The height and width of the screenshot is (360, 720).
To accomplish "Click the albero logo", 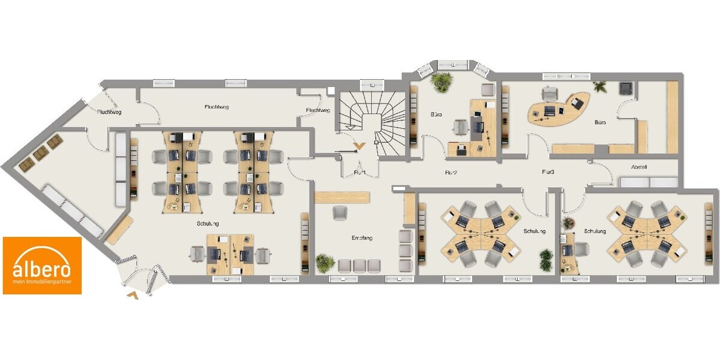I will pyautogui.click(x=42, y=265).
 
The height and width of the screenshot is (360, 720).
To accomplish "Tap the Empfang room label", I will pyautogui.click(x=362, y=238).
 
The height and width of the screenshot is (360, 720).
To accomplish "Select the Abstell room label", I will pyautogui.click(x=639, y=167).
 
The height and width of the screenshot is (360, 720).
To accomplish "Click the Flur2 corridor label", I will pyautogui.click(x=451, y=173).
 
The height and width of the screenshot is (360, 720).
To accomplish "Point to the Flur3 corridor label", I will pyautogui.click(x=548, y=172).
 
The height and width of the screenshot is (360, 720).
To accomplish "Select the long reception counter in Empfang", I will pyautogui.click(x=341, y=197).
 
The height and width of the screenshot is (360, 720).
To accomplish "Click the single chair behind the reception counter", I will pyautogui.click(x=340, y=212).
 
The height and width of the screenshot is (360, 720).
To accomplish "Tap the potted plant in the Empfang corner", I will pyautogui.click(x=325, y=262).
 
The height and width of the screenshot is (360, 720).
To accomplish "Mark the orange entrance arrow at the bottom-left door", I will pyautogui.click(x=133, y=295).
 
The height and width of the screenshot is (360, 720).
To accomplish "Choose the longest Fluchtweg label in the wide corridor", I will pyautogui.click(x=217, y=107).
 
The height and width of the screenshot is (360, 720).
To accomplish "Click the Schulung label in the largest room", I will pyautogui.click(x=208, y=223).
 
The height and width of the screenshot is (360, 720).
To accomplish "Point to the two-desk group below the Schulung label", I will pyautogui.click(x=231, y=254).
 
